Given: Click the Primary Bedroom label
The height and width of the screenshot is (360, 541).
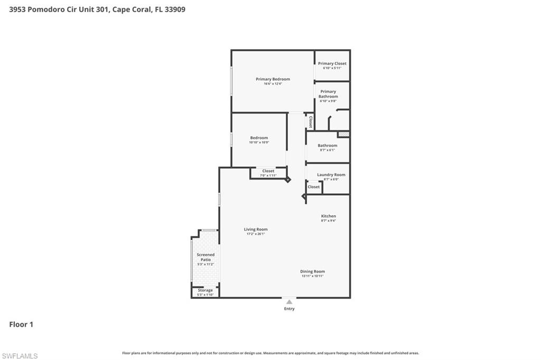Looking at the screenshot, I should click(x=273, y=79).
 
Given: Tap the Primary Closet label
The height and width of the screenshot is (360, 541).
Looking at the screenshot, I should click(x=332, y=63).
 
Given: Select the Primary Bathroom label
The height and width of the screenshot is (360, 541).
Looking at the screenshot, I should click(x=328, y=94).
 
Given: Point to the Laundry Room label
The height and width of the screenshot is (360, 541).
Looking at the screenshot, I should click(x=331, y=175).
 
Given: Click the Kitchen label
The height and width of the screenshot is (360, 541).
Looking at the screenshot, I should click(x=329, y=216).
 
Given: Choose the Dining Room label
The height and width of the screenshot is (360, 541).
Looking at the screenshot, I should click(x=313, y=271).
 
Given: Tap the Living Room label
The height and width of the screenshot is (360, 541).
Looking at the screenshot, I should click(x=256, y=229).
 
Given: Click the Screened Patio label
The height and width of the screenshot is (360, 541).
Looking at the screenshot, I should click(x=206, y=257).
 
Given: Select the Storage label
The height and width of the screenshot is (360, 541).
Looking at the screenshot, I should click(x=205, y=290).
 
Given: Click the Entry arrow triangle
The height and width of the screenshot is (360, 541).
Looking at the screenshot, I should click(x=289, y=302).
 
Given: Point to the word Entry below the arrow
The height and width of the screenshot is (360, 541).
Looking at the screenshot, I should click(x=289, y=309).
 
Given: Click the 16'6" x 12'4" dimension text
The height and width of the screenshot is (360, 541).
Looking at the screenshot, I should click(x=273, y=84).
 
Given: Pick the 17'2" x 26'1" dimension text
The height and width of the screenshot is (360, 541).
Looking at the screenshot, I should click(x=256, y=234).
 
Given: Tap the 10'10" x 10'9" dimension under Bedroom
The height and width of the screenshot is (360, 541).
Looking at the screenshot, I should click(x=259, y=143).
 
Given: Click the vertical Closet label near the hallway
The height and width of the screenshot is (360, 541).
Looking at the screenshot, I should click(x=310, y=122).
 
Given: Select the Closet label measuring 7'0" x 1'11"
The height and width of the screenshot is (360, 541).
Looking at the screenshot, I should click(x=268, y=171).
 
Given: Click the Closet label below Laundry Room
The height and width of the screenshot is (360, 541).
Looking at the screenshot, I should click(x=314, y=187).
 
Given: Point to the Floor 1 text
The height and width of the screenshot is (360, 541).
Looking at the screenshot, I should click(x=21, y=325).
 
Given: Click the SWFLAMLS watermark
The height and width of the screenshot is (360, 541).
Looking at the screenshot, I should click(x=20, y=356).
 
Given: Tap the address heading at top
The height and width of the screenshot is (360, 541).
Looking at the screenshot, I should click(x=97, y=10).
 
